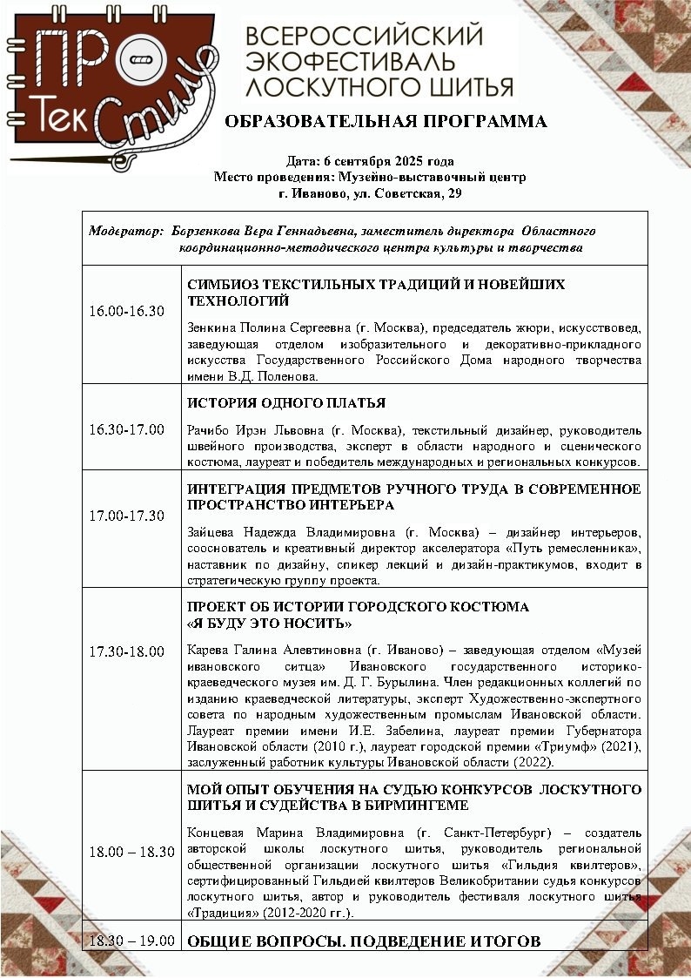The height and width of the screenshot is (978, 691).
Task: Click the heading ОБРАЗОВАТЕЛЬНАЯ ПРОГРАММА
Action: pos(386,122)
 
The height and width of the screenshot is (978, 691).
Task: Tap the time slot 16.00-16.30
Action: pos(127,311)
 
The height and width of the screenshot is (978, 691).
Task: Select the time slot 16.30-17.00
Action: pos(127,429)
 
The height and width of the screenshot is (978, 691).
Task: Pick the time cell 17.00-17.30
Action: pos(127,515)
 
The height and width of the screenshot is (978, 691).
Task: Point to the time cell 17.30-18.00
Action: pos(127,651)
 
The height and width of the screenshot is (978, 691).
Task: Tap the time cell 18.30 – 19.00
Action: pos(132,941)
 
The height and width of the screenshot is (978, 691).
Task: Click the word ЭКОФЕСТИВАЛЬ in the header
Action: pos(351,62)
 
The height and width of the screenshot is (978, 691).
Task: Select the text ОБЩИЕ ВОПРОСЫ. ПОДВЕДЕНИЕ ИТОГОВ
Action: pos(364,941)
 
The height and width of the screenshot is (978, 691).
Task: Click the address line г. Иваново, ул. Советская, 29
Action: pos(370,193)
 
